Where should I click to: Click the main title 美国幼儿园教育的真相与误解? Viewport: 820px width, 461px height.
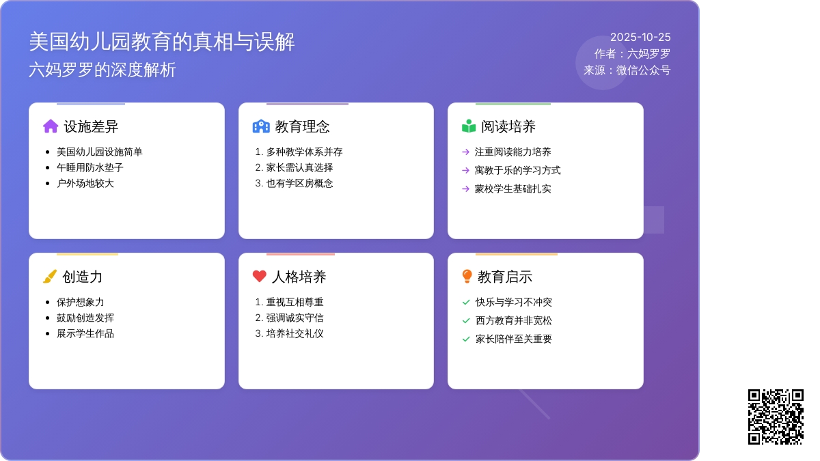tap(162, 42)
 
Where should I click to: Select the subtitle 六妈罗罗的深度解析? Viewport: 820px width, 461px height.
tap(102, 70)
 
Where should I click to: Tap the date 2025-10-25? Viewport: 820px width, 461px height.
tap(640, 38)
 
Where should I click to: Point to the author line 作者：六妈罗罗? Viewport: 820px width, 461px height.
tap(632, 54)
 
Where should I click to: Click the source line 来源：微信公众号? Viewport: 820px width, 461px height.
tap(627, 70)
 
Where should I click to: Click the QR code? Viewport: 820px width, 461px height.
tap(776, 417)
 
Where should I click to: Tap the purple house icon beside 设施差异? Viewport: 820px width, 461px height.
tap(51, 126)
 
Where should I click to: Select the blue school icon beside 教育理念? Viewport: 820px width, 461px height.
tap(261, 126)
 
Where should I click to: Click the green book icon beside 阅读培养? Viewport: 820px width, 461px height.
tap(469, 126)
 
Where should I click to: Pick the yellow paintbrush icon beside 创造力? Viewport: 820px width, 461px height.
tap(50, 277)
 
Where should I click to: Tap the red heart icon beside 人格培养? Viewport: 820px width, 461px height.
tap(260, 277)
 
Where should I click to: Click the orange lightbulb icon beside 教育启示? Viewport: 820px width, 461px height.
tap(467, 277)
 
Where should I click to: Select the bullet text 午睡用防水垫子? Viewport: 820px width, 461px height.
tap(90, 167)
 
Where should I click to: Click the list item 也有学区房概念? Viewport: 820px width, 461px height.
tap(299, 183)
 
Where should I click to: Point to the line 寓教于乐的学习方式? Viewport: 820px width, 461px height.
tap(517, 170)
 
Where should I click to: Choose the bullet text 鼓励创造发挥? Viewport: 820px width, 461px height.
tap(85, 318)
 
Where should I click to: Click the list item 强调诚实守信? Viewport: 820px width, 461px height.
tap(295, 318)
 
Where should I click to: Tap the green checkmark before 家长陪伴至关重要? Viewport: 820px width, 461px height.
tap(466, 339)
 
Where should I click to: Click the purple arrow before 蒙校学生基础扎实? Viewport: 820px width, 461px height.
tap(466, 188)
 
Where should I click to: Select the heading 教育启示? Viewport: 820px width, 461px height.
tap(505, 277)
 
